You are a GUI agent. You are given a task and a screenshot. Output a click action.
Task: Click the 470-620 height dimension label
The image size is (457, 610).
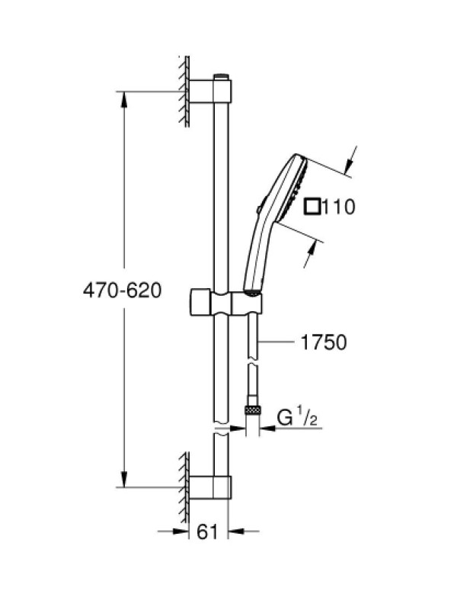[122, 291]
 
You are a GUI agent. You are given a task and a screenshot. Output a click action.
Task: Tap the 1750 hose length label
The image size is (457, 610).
[324, 342]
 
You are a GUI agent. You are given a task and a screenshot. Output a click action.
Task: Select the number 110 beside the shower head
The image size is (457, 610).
[338, 207]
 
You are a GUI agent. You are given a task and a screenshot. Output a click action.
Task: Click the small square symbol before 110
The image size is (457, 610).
[312, 207]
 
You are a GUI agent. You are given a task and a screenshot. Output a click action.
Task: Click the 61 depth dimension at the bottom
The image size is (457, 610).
[207, 531]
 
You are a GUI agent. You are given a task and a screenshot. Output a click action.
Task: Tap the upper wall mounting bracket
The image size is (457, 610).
[210, 91]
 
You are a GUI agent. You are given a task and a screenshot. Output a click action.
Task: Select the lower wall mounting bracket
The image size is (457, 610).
[210, 486]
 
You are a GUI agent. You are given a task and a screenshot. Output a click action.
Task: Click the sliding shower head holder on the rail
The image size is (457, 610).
[225, 302]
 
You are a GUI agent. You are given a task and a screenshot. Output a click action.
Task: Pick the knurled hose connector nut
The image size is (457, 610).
[253, 409]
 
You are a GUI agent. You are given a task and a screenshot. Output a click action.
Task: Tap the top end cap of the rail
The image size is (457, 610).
[222, 76]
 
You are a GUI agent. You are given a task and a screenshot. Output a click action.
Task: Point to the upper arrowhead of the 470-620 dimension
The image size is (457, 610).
[124, 99]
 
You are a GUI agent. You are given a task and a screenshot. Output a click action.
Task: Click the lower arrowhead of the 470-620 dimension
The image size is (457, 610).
[124, 480]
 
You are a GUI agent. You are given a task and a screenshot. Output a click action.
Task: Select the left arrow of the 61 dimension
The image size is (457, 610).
[181, 531]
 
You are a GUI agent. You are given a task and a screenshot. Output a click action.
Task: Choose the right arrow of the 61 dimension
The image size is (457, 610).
[236, 531]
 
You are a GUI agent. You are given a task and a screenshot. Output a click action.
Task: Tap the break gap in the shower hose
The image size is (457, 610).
[253, 363]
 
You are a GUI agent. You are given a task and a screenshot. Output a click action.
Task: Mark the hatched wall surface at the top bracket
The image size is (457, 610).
[184, 91]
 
